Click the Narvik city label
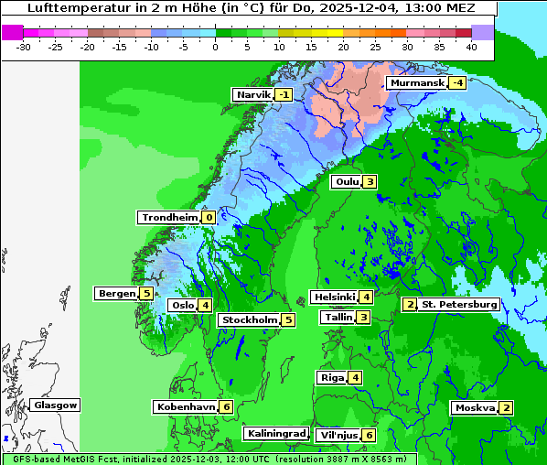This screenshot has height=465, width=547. (253, 95)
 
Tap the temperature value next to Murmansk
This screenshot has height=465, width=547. (456, 83)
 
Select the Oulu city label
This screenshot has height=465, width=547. (347, 181)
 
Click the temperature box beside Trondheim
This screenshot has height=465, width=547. (209, 217)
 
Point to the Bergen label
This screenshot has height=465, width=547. (116, 294)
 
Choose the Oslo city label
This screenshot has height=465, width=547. (182, 306)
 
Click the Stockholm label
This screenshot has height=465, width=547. (248, 319)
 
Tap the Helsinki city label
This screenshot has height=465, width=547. (333, 297)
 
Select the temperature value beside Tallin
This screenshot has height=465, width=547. (363, 318)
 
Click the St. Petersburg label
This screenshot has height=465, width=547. (458, 304)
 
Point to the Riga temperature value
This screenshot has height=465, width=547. (354, 378)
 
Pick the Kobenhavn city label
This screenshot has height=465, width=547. (185, 406)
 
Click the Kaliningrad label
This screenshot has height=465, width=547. (275, 433)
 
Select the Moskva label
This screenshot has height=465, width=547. (475, 407)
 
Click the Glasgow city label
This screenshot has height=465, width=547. (56, 405)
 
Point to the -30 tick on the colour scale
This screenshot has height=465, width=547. (24, 46)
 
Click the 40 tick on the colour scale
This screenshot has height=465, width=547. (471, 46)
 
